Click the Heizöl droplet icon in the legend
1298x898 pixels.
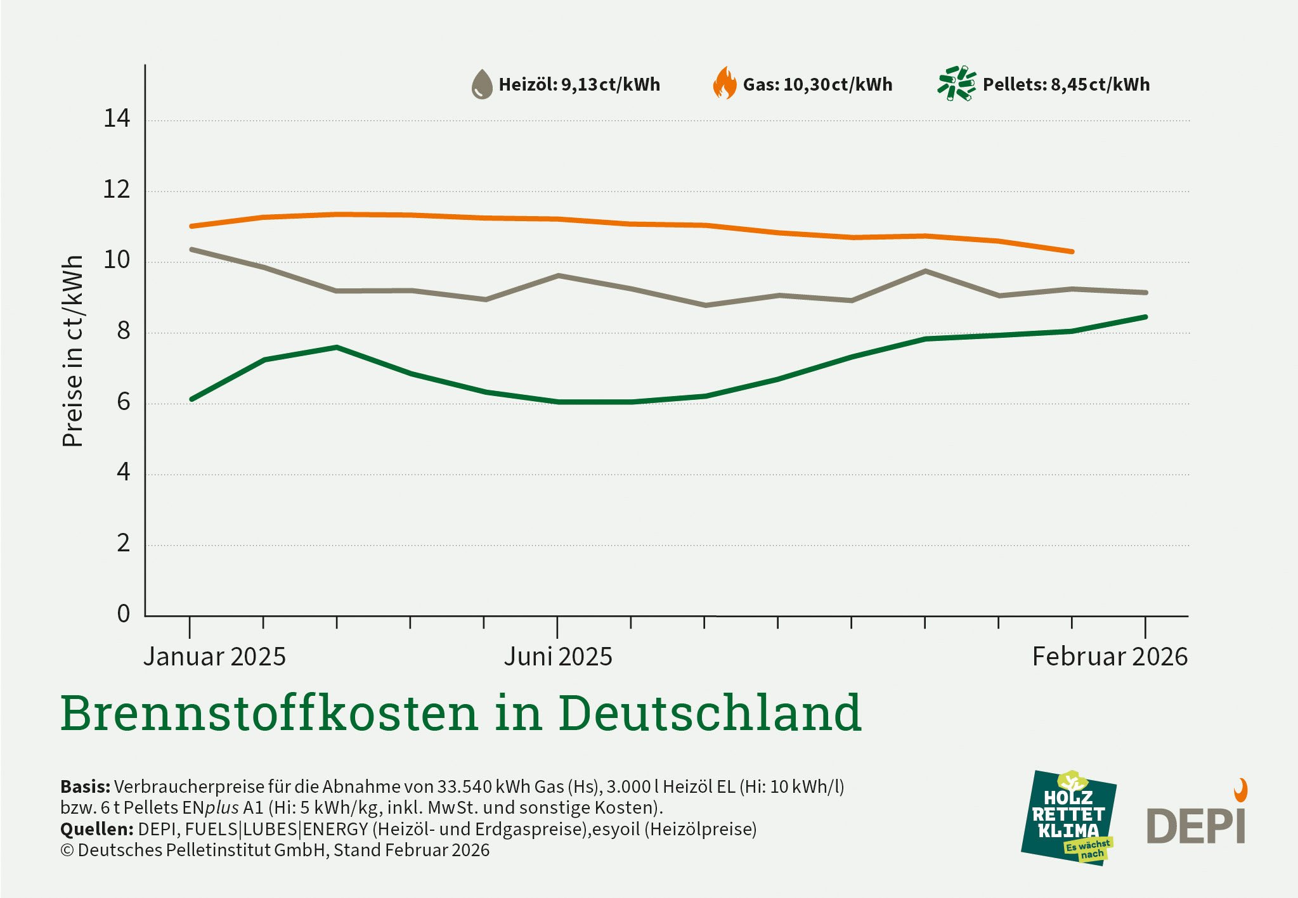[482, 84]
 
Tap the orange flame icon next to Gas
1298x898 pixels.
[725, 84]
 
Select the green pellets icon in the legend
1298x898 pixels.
[956, 83]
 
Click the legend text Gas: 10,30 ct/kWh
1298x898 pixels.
[817, 84]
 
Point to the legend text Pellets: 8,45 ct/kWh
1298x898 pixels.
[1066, 84]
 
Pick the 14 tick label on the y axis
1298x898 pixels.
[117, 119]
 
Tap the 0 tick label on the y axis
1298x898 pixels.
[123, 613]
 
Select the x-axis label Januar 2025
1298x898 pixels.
[214, 657]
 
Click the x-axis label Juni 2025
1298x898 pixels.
[558, 657]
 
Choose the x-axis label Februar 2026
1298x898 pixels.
[1110, 657]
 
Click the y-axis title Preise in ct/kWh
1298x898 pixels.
[73, 351]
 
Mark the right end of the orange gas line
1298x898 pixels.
[1072, 252]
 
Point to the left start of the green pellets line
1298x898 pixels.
[191, 399]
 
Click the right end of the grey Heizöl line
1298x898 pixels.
[1145, 293]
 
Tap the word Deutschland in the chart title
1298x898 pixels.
[710, 713]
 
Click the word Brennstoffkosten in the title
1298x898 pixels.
[269, 713]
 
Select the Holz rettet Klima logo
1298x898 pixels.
[1068, 818]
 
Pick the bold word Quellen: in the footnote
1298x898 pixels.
[96, 829]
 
